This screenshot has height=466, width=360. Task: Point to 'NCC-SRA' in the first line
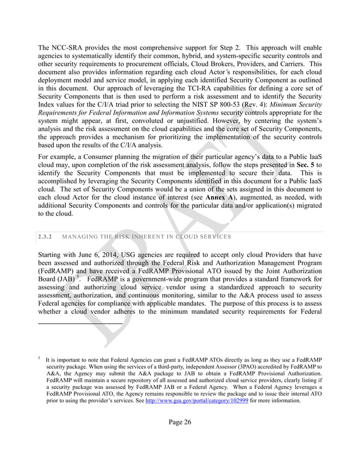pos(70,47)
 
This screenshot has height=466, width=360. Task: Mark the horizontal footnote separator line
pos(80,323)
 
